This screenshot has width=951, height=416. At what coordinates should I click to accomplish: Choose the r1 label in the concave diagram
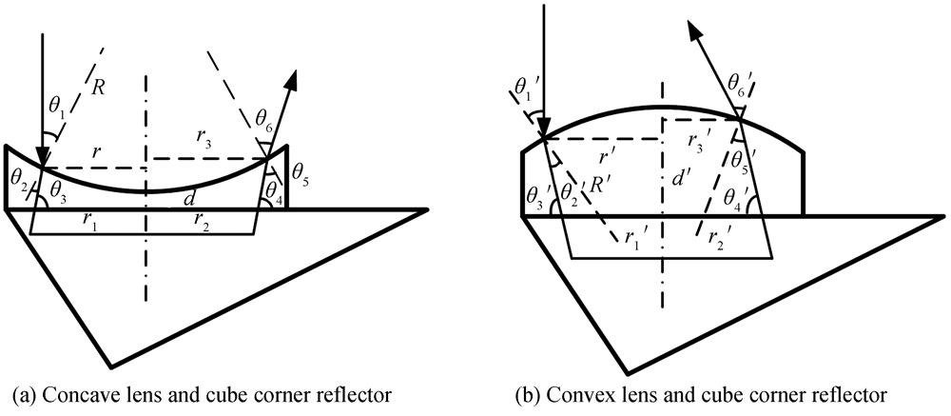pyautogui.click(x=90, y=221)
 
